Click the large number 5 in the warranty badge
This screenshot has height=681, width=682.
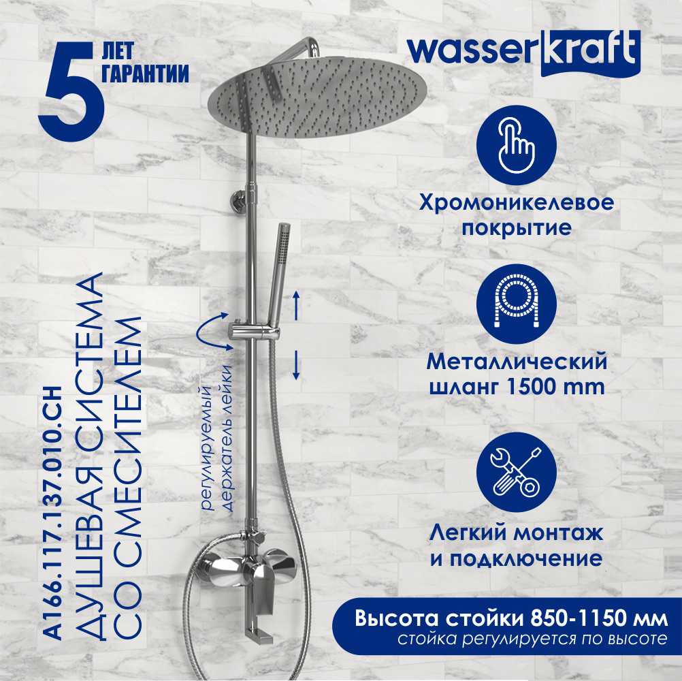pos(71,92)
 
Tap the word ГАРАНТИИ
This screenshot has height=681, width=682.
pos(145,73)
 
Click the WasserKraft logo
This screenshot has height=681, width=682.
pos(523,52)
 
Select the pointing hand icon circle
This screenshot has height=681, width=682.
pos(517,145)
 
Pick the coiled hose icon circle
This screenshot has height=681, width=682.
pos(517,304)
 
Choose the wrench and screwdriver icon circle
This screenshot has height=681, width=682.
pos(517,473)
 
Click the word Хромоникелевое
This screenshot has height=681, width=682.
pos(517,203)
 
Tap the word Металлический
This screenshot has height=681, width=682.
pos(517,362)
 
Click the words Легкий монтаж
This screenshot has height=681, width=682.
pos(517,533)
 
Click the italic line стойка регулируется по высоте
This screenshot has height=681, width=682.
pos(532,639)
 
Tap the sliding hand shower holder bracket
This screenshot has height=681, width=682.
pos(255,332)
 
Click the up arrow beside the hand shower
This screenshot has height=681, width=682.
pos(296,306)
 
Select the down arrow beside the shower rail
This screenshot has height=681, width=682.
pos(296,365)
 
